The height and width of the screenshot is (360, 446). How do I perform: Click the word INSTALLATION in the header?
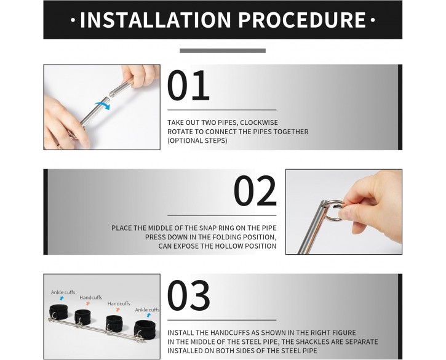click(155, 20)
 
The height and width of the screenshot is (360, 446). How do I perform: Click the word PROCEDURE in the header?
click(302, 20)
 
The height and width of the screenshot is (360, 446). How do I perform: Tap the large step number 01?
click(188, 86)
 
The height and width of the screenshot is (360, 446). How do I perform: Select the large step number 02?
click(255, 191)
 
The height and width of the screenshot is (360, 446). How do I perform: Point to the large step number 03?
click(189, 295)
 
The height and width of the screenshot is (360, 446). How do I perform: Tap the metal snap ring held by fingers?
click(335, 210)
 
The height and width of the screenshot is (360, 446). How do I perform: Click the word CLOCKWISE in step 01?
click(259, 122)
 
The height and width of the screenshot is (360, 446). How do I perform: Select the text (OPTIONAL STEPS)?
click(197, 140)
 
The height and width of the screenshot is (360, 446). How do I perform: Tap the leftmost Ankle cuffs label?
click(63, 292)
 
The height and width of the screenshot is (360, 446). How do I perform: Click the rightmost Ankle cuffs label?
click(147, 310)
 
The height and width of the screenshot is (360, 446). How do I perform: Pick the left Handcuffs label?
click(90, 297)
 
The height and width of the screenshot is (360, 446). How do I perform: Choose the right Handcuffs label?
click(119, 303)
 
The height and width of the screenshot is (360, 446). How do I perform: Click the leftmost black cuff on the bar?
click(58, 312)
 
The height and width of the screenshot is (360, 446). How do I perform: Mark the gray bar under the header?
click(223, 50)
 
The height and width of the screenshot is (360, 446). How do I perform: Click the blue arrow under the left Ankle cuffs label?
click(62, 298)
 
